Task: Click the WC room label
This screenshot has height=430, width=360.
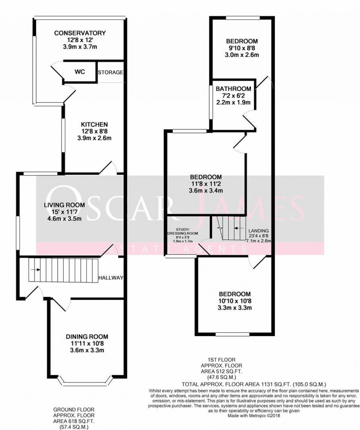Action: [79, 72]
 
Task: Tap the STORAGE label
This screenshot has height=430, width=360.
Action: [110, 72]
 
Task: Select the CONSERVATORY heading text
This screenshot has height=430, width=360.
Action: [80, 33]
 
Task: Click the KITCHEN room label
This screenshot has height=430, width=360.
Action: [94, 124]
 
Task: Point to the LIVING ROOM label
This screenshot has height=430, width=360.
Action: [64, 205]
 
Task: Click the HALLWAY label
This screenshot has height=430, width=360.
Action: [111, 278]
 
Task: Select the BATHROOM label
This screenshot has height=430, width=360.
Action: [233, 89]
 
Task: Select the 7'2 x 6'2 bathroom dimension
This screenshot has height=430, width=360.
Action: [233, 96]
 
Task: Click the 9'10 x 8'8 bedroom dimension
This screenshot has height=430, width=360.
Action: [242, 48]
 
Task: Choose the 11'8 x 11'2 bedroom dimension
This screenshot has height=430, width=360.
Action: [206, 183]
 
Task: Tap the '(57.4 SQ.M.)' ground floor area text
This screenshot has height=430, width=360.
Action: [73, 426]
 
